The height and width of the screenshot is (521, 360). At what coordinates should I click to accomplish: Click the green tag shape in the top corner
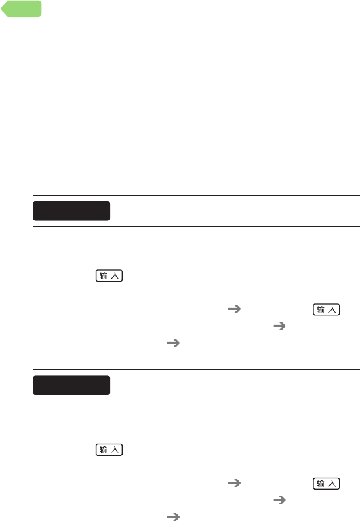click(22, 9)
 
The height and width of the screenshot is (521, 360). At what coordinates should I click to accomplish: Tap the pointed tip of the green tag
click(1, 9)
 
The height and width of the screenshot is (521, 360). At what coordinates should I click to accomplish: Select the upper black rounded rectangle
click(71, 211)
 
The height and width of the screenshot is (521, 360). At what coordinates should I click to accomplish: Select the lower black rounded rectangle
click(71, 385)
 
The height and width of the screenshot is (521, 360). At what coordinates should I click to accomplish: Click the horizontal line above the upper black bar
click(197, 195)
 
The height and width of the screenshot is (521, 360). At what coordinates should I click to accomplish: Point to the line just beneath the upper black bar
click(197, 227)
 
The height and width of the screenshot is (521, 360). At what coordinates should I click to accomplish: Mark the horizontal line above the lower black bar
click(197, 369)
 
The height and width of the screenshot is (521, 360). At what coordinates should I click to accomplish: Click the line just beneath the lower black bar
click(197, 400)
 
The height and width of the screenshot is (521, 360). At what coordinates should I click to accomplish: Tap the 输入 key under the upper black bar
click(109, 276)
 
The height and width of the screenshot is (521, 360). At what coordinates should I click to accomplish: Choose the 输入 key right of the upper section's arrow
click(327, 309)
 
